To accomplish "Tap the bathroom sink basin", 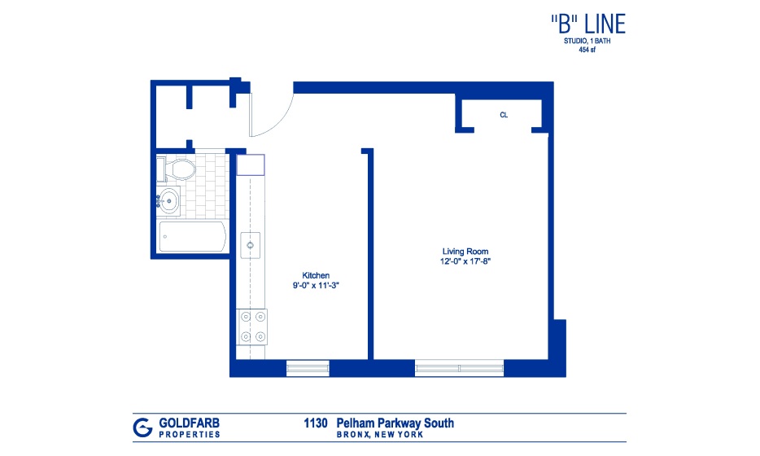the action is (x=169, y=199).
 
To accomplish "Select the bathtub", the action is (x=192, y=237).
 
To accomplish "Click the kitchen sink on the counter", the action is (x=250, y=245).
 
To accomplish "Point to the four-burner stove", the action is (x=251, y=327).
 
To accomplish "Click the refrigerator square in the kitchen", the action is (x=250, y=165).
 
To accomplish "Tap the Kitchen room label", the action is (x=316, y=275).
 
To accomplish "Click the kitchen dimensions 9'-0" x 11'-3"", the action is (x=316, y=285).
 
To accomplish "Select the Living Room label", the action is (x=465, y=252).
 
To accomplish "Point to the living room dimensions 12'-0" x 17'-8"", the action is (x=465, y=261).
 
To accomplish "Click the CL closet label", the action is (x=504, y=115).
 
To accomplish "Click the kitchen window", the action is (x=308, y=368).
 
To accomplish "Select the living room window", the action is (x=459, y=368).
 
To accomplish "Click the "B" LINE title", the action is (x=588, y=24).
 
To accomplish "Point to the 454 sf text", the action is (x=587, y=50).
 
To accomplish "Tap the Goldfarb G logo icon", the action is (x=142, y=427).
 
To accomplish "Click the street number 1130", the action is (x=316, y=423).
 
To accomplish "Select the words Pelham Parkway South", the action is (x=395, y=423).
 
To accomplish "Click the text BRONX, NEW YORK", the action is (x=380, y=435).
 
